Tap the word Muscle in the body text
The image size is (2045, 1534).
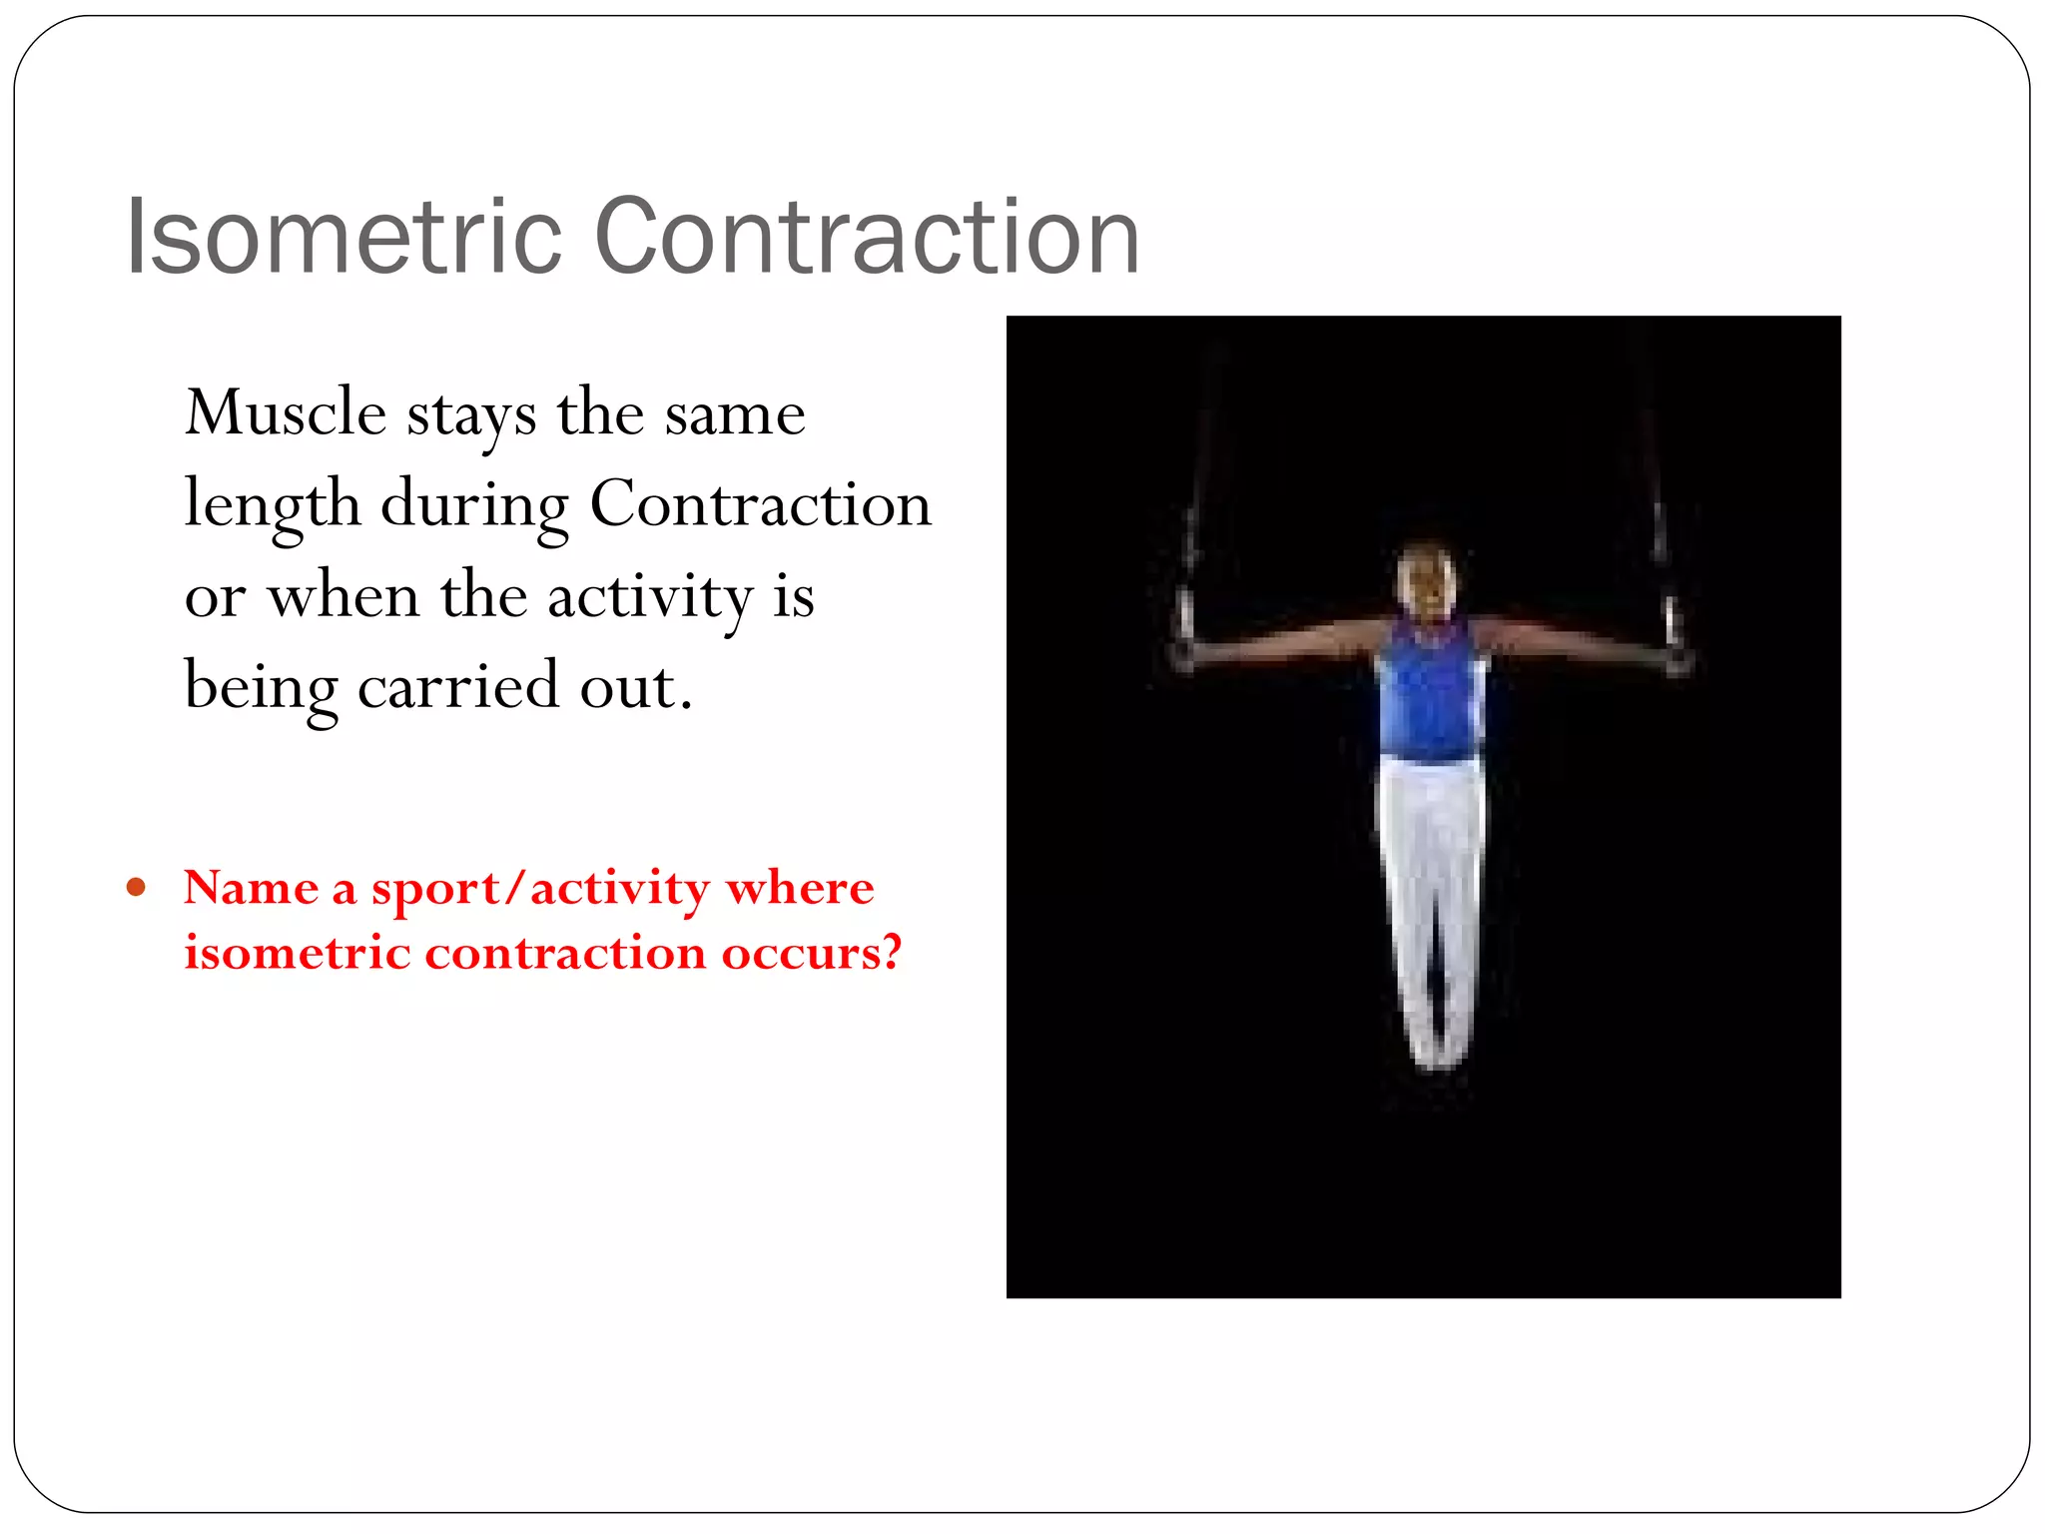pos(286,412)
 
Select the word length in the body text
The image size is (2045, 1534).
pos(272,504)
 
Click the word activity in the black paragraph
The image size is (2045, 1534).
pos(649,596)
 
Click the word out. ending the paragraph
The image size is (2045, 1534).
pos(635,687)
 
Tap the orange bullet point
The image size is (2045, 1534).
pos(137,887)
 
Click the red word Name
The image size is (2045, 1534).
pos(251,887)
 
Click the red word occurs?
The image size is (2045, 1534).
pos(811,952)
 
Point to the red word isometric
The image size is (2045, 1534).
pos(297,952)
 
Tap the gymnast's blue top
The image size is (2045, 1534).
pos(1430,694)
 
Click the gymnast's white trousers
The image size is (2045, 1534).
pos(1430,879)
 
